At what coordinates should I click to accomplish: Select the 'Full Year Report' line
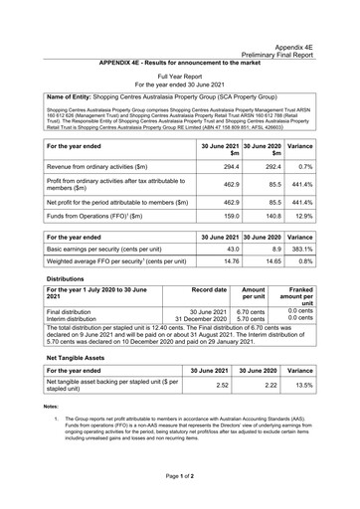tap(179, 76)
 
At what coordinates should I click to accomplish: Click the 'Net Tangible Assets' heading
tap(67, 439)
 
